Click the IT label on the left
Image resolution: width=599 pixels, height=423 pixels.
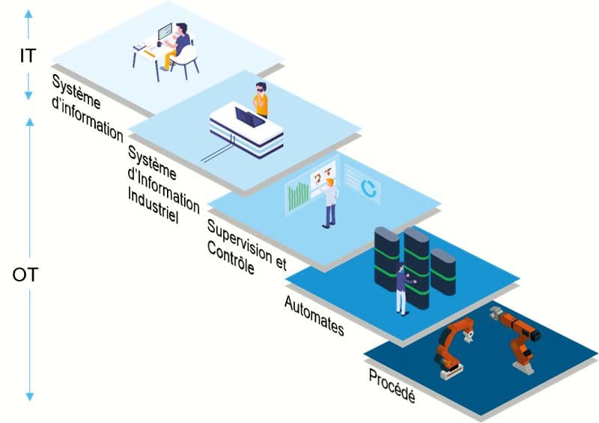(x=28, y=56)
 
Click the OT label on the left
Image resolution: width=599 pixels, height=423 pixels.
(x=25, y=275)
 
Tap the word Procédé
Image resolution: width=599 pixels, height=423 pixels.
(x=392, y=386)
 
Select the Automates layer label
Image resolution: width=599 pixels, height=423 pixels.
(x=314, y=316)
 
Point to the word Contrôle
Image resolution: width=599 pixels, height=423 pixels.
(x=231, y=259)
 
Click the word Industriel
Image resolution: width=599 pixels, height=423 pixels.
(x=153, y=205)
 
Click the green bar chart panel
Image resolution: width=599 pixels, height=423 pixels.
(x=298, y=196)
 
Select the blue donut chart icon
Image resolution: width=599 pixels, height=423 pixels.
(x=369, y=188)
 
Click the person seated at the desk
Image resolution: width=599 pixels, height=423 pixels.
(x=177, y=45)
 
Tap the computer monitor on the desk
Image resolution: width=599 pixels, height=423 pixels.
(x=165, y=31)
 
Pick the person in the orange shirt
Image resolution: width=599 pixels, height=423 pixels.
(x=261, y=100)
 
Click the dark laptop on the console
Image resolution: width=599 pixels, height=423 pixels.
(x=249, y=117)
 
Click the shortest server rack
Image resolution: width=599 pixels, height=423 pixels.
(x=443, y=271)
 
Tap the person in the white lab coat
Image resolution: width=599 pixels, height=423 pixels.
(x=330, y=204)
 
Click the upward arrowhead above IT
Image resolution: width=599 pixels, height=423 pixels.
(x=28, y=13)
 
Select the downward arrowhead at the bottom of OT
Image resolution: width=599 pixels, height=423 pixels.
(x=30, y=396)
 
